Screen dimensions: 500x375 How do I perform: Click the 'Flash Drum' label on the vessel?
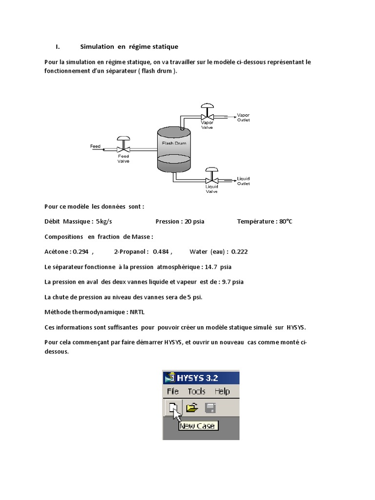174,144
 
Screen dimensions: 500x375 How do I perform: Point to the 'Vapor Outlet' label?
243,117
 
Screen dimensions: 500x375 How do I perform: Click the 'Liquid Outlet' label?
243,181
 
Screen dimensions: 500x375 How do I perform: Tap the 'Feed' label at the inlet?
95,146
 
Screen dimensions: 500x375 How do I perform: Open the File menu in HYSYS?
173,391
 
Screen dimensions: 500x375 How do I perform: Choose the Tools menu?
197,391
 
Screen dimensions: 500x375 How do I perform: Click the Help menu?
222,391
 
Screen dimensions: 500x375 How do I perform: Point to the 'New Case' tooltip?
198,426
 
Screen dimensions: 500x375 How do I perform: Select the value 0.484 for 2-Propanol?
161,251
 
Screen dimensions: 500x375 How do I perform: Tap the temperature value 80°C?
285,221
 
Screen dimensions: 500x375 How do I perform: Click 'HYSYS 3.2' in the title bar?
197,377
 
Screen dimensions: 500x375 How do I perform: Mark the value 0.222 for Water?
239,251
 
